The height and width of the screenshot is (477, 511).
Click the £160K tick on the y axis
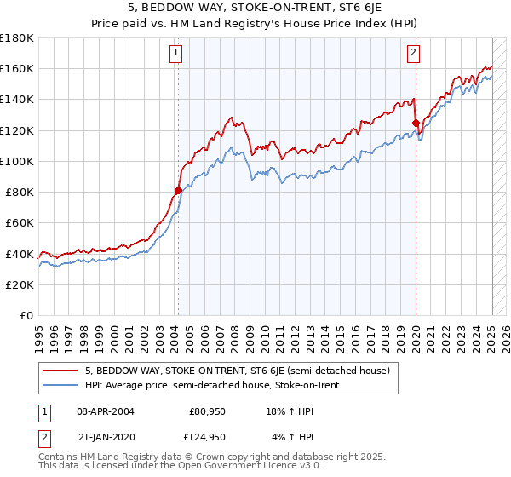tap(18, 68)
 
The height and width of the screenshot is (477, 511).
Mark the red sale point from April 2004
tap(178, 190)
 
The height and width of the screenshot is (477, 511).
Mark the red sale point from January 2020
tap(416, 123)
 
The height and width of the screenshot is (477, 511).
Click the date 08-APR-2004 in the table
tap(105, 411)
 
